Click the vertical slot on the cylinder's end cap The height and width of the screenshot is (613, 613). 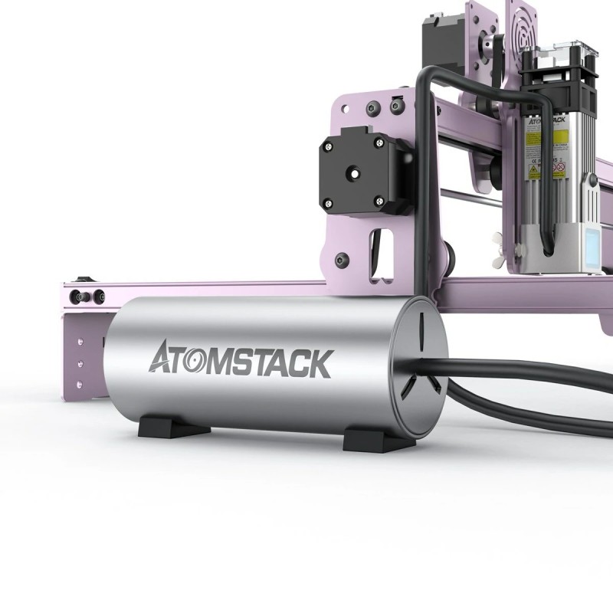(x=422, y=326)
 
